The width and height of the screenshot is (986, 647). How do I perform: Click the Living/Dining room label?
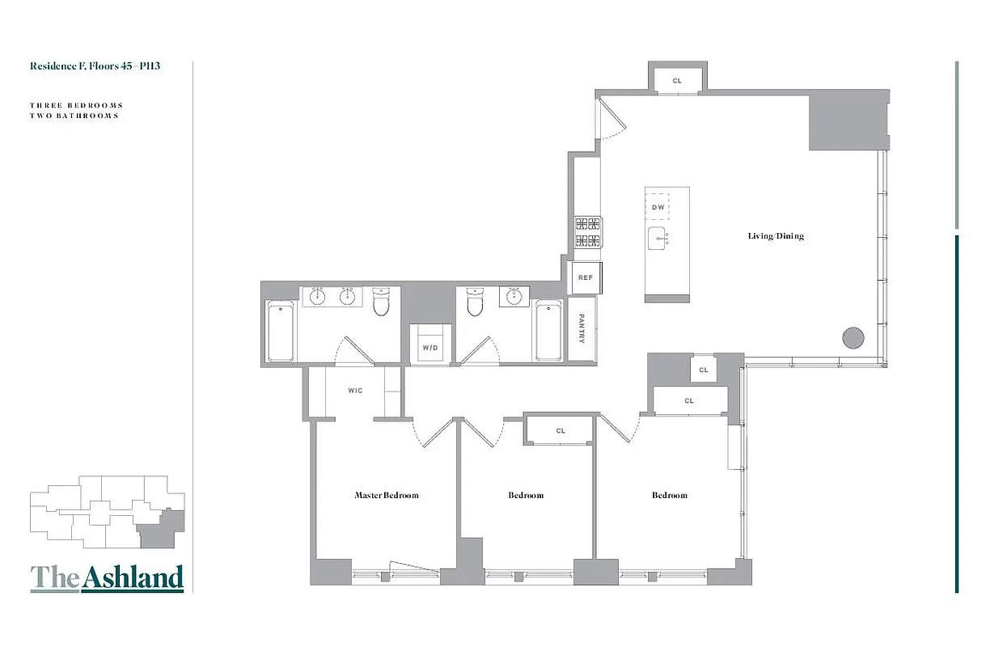point(775,236)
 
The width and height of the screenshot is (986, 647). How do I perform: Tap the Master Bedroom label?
point(387,495)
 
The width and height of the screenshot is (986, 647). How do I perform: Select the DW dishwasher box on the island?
point(658,208)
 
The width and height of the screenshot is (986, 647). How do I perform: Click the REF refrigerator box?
point(585,277)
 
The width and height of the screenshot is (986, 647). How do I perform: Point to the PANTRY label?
point(582,329)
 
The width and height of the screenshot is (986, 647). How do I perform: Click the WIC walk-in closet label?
point(355,391)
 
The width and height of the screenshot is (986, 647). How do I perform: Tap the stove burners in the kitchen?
point(587,232)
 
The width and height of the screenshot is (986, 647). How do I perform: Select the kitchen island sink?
point(658,239)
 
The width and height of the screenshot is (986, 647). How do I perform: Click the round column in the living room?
point(853,337)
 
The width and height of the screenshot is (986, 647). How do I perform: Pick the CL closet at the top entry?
point(677,81)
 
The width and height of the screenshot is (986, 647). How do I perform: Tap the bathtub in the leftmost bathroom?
point(281,332)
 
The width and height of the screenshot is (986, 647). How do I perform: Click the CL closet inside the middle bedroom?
point(561,430)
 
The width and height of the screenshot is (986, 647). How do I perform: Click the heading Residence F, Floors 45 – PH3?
point(95,66)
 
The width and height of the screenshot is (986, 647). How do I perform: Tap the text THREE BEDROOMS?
point(76,105)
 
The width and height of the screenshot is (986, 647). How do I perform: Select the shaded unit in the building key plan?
point(162,531)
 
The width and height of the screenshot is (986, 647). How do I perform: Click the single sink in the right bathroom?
point(513,297)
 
